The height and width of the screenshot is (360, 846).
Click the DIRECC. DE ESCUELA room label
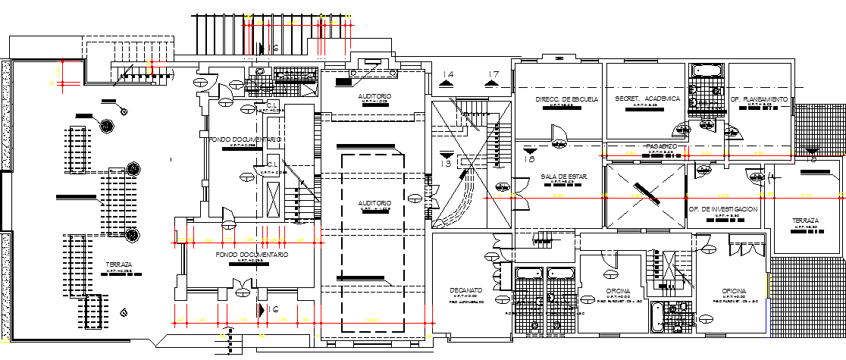[567, 99]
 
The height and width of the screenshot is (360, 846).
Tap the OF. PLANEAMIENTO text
[759, 99]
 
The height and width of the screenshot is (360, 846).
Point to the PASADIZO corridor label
[661, 146]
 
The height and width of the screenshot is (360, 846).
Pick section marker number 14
[448, 75]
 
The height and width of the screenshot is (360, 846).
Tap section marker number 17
[494, 75]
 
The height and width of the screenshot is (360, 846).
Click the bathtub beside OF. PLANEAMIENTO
[708, 72]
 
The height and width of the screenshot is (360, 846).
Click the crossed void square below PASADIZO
[641, 185]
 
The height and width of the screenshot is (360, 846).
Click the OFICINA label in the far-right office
[734, 291]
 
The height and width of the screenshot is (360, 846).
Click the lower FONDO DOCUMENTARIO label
[251, 255]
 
